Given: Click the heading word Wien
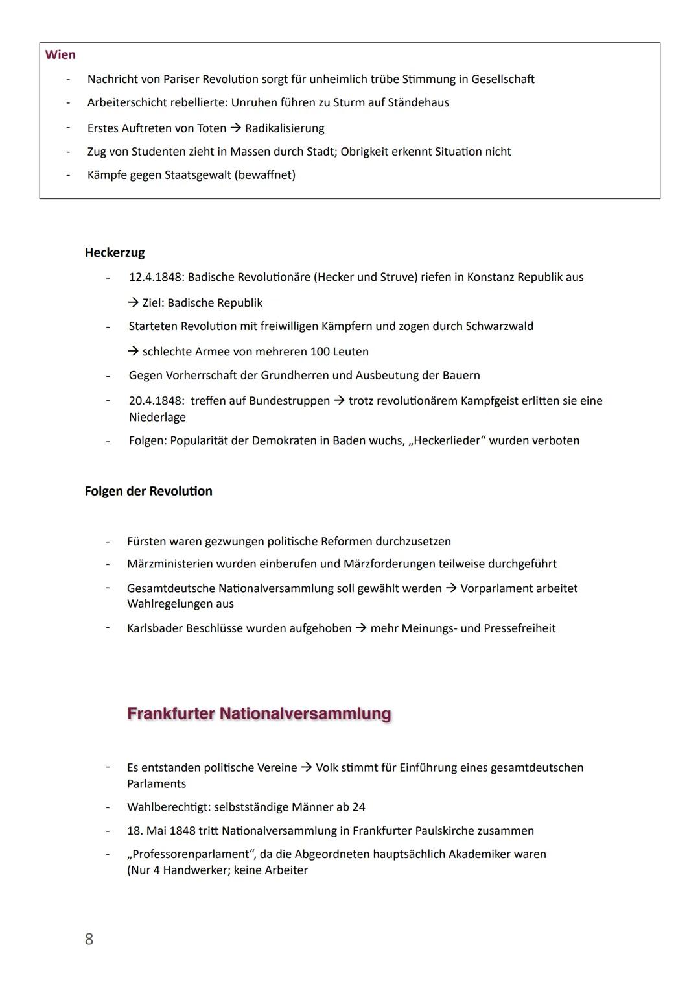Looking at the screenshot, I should (x=60, y=55).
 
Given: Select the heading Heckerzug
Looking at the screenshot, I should (x=115, y=253).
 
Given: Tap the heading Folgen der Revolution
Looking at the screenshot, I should (x=148, y=491).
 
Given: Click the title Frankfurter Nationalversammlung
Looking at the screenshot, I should (x=259, y=713).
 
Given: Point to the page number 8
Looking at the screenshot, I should (x=89, y=939).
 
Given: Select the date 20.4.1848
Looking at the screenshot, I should (x=156, y=401).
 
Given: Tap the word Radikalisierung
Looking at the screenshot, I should (x=285, y=128).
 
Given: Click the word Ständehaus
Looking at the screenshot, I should (x=418, y=102).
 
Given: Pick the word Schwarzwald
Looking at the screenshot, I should (x=499, y=326).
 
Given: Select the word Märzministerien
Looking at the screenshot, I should (x=170, y=564).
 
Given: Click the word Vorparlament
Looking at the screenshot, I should (x=496, y=589).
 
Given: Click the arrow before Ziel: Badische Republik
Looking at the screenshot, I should (x=133, y=303).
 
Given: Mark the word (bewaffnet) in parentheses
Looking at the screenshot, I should (x=266, y=175).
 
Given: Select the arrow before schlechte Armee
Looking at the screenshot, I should (x=133, y=352).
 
